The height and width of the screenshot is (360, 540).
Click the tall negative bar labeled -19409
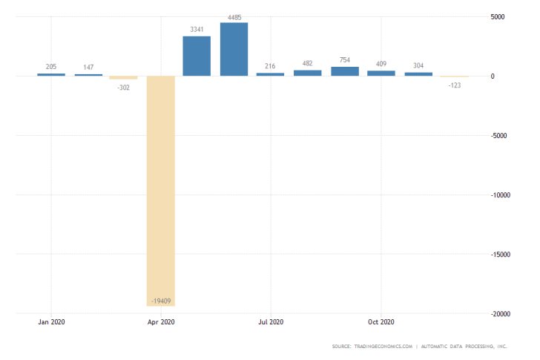[x=161, y=190]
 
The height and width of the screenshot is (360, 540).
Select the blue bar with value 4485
[x=234, y=49]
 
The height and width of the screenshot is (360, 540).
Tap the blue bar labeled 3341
[x=197, y=56]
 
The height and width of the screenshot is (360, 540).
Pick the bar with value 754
[x=344, y=71]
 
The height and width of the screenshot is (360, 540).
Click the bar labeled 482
[x=307, y=73]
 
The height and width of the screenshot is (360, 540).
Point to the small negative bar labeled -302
[x=124, y=77]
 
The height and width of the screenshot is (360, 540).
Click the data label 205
[x=50, y=66]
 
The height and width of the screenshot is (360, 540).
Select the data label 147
[x=88, y=67]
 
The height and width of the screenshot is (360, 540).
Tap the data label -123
[x=454, y=85]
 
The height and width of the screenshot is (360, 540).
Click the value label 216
[x=271, y=66]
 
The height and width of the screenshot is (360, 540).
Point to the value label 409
[x=381, y=64]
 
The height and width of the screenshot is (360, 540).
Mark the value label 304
[x=418, y=65]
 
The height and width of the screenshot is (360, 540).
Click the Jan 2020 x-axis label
[x=50, y=322]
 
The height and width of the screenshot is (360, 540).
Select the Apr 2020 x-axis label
[x=161, y=322]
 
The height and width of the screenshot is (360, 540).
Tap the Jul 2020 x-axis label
[x=271, y=322]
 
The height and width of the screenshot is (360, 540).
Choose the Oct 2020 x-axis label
[x=381, y=322]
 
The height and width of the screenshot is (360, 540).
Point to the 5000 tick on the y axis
[x=497, y=16]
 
